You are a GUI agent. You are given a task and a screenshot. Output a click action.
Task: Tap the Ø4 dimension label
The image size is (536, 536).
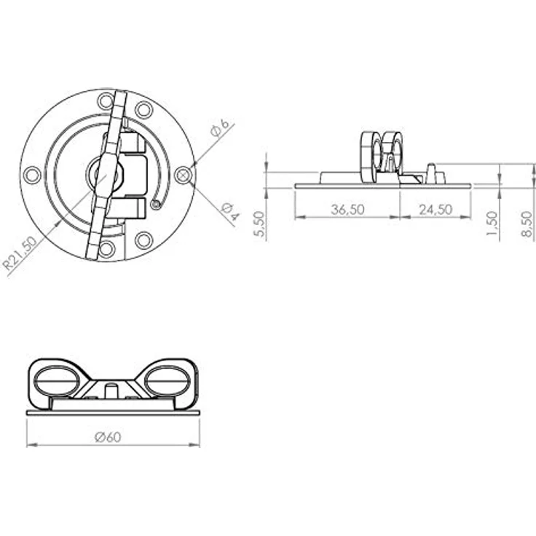click(x=229, y=212)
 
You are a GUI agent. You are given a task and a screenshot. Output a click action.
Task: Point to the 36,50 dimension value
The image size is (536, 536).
click(x=348, y=209)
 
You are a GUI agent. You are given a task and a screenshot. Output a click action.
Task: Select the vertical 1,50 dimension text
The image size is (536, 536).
click(x=493, y=225)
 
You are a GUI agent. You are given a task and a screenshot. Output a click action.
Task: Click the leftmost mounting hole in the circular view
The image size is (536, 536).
click(x=32, y=175)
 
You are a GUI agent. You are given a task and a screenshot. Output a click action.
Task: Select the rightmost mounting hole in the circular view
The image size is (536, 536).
click(x=183, y=175)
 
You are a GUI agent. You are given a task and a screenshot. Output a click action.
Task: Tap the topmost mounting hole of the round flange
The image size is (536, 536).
click(x=106, y=100)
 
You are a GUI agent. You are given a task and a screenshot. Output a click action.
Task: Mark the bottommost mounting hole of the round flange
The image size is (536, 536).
click(x=107, y=249)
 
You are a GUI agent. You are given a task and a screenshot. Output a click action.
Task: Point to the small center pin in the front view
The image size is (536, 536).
click(x=111, y=390)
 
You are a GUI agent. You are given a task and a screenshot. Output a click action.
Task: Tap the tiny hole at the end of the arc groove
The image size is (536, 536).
click(x=154, y=205)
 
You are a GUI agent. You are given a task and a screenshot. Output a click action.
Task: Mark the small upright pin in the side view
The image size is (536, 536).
click(x=430, y=173)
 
